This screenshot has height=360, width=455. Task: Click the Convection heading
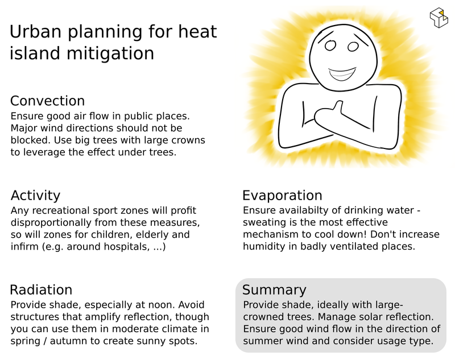48,101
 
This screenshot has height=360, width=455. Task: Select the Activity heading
35,196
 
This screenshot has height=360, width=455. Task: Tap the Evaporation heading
282,196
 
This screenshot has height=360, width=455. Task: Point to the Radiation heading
41,290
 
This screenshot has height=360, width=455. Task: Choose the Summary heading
274,290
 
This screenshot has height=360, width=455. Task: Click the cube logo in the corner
439,18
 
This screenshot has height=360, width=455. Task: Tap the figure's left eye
330,45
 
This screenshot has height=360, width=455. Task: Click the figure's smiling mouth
342,75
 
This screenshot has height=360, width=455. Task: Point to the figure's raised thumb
338,107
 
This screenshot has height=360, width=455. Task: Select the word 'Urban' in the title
35,32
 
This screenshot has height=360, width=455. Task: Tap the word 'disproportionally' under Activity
51,223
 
